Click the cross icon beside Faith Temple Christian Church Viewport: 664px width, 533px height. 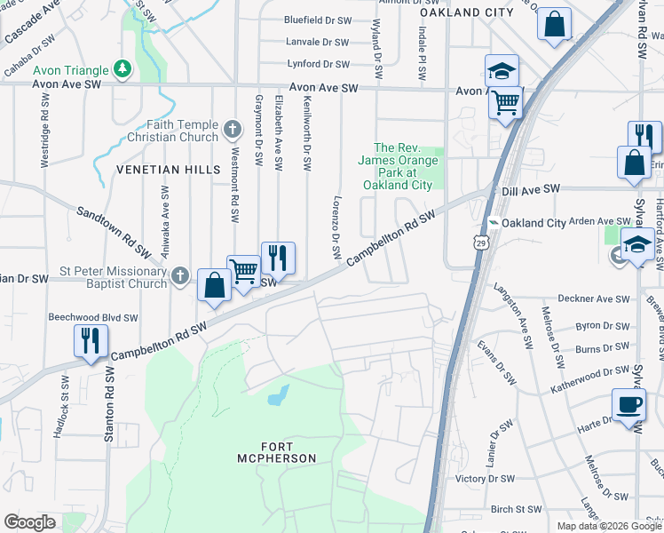[x=232, y=131]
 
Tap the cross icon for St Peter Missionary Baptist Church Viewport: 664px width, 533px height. [x=180, y=276]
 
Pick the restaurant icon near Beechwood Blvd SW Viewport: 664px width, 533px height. [x=91, y=341]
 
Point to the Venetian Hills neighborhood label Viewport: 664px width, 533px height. [x=161, y=169]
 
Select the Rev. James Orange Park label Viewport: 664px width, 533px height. [x=397, y=166]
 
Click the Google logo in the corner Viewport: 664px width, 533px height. [x=29, y=521]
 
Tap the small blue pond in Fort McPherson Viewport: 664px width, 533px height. [x=278, y=394]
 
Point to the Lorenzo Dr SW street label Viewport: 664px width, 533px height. [x=336, y=227]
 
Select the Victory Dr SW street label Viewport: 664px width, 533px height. [x=485, y=478]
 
